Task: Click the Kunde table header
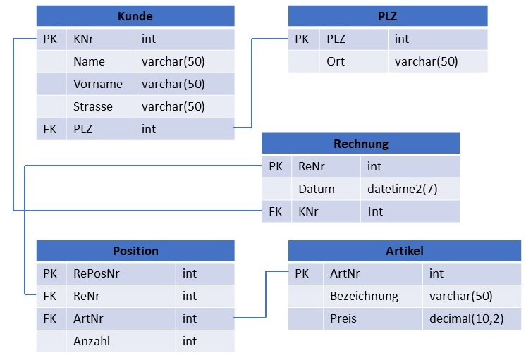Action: (x=135, y=16)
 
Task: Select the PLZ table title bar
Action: (x=387, y=16)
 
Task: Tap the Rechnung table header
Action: (x=360, y=144)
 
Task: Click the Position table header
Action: (x=135, y=251)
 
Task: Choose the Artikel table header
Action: (x=404, y=251)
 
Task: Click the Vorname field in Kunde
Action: (x=97, y=84)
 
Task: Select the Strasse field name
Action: (x=92, y=106)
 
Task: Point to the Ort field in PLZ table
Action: (x=336, y=61)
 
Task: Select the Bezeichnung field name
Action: (x=364, y=296)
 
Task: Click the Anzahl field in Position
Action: (x=92, y=341)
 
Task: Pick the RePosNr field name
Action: (x=97, y=273)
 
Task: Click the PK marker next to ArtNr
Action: (x=302, y=273)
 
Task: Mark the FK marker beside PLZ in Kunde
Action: (x=49, y=129)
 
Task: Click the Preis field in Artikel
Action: (x=343, y=318)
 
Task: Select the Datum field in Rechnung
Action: (x=316, y=189)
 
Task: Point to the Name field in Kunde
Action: (x=88, y=61)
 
